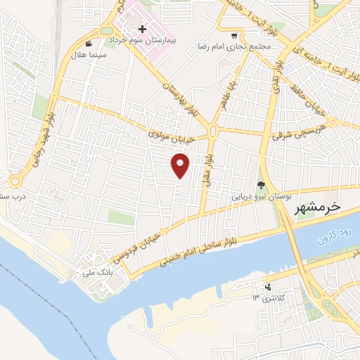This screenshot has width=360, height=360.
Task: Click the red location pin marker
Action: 181,165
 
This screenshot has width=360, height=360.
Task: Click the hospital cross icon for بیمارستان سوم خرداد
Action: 143,29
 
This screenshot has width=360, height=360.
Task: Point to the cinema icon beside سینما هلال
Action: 88,43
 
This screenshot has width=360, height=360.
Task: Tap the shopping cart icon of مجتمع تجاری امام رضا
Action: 234,35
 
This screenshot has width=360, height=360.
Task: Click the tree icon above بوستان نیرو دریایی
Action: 261,186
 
